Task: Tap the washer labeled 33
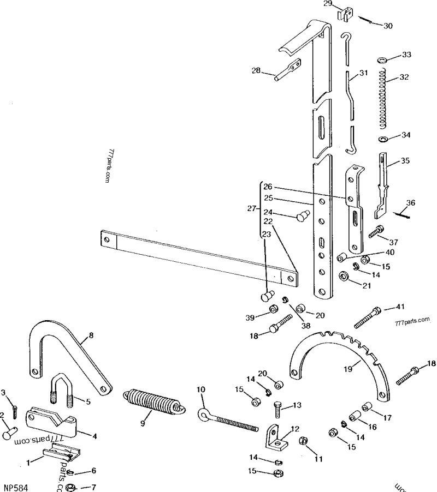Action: (382, 59)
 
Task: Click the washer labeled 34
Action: (382, 139)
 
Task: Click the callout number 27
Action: (251, 208)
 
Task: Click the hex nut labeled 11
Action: (304, 441)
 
